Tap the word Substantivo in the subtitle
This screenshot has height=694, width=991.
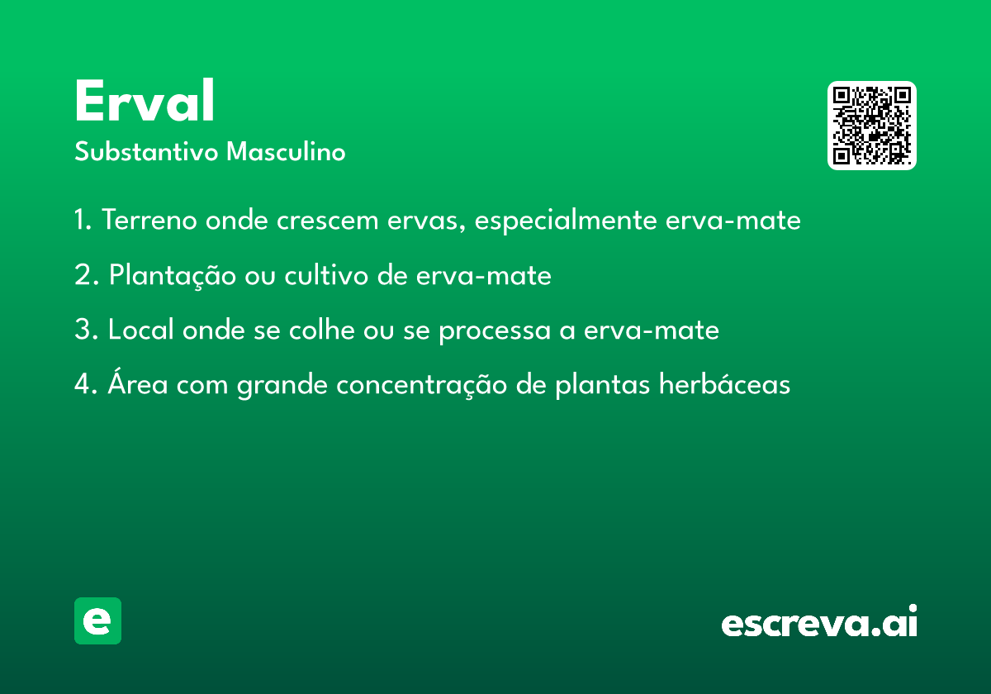[x=146, y=151]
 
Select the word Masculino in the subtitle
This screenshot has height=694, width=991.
[x=286, y=151]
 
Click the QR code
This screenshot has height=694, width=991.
[x=871, y=126]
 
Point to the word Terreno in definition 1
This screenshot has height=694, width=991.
[x=149, y=220]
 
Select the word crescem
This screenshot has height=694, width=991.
[x=327, y=221]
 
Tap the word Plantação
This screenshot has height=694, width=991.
[x=173, y=276]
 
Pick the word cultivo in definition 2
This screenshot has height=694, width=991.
[x=326, y=275]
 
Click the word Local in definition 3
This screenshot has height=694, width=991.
[x=141, y=330]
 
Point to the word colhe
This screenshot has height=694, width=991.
[x=321, y=330]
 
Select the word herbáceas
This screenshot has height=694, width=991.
[x=724, y=383]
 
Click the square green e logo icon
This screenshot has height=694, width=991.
[x=97, y=620]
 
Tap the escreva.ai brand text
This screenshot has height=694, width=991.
[x=819, y=621]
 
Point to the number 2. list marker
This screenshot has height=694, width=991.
[x=86, y=274]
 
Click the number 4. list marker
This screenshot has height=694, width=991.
[x=86, y=383]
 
